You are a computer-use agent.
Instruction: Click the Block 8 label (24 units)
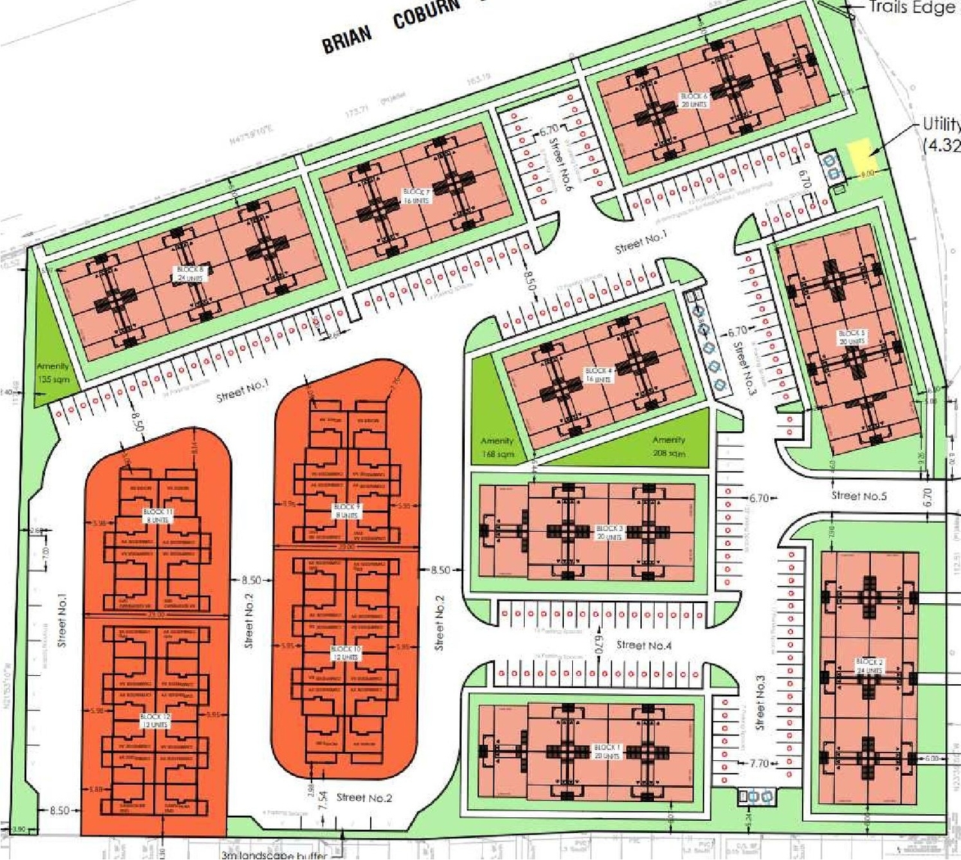pyautogui.click(x=189, y=273)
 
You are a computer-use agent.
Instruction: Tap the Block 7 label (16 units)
pyautogui.click(x=416, y=197)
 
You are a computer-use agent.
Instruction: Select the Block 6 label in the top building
pyautogui.click(x=693, y=100)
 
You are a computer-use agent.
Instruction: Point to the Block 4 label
pyautogui.click(x=598, y=375)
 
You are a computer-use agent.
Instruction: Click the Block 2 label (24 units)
pyautogui.click(x=869, y=666)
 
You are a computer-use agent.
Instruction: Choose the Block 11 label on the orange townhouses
pyautogui.click(x=158, y=515)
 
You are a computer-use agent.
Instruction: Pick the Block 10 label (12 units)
pyautogui.click(x=346, y=653)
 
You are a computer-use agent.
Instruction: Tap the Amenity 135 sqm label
pyautogui.click(x=53, y=373)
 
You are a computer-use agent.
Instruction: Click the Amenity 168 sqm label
pyautogui.click(x=497, y=447)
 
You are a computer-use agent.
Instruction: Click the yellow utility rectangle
pyautogui.click(x=863, y=158)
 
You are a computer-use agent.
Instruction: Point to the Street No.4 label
pyautogui.click(x=643, y=645)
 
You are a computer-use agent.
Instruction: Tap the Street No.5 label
pyautogui.click(x=859, y=496)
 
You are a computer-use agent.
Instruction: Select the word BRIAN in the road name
pyautogui.click(x=347, y=41)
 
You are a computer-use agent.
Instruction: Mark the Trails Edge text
pyautogui.click(x=911, y=8)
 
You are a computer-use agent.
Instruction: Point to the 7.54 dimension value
pyautogui.click(x=321, y=801)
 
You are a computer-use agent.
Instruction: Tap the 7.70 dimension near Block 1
pyautogui.click(x=759, y=763)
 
